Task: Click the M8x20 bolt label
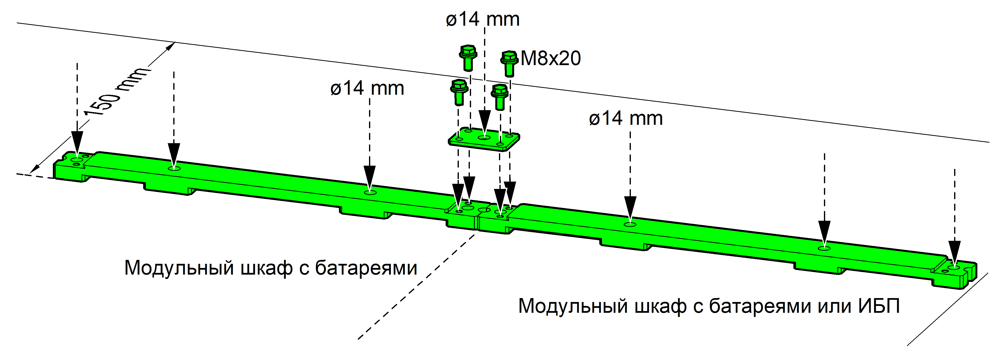coord(551,58)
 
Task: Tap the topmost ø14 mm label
coord(483,19)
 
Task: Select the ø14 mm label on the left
coord(367,88)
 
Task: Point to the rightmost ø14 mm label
coord(626,118)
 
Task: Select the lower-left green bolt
coord(459,92)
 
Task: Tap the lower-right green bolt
coord(500,97)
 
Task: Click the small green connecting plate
coord(484,139)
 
